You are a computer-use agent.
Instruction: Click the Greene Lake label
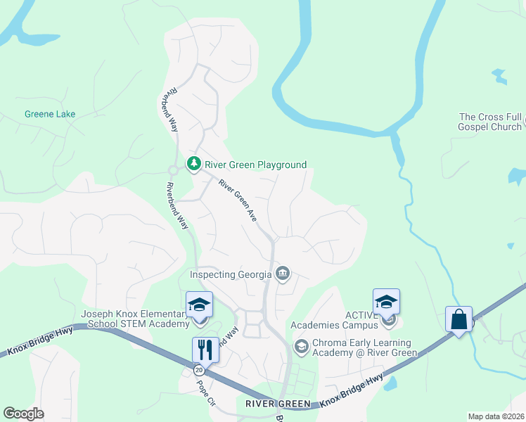click(50, 114)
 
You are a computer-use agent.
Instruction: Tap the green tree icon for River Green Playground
click(194, 164)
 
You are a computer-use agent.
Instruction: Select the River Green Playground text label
click(256, 165)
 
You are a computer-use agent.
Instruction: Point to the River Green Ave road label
click(237, 201)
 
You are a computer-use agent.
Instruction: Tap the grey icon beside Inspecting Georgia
click(283, 274)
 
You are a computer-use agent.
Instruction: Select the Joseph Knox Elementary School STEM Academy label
click(136, 319)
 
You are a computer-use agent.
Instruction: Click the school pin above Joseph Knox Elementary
click(200, 305)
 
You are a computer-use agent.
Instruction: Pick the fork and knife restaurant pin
click(205, 350)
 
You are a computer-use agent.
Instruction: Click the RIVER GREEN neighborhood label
click(278, 404)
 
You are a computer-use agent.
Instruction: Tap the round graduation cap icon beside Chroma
click(301, 347)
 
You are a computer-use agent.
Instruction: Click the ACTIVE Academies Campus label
click(336, 319)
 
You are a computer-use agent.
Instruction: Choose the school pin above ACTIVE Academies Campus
click(386, 302)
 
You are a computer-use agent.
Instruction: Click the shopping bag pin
click(458, 320)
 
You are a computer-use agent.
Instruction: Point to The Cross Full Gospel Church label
click(490, 122)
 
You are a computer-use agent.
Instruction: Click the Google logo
click(23, 414)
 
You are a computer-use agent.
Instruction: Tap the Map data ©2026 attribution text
click(496, 416)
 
